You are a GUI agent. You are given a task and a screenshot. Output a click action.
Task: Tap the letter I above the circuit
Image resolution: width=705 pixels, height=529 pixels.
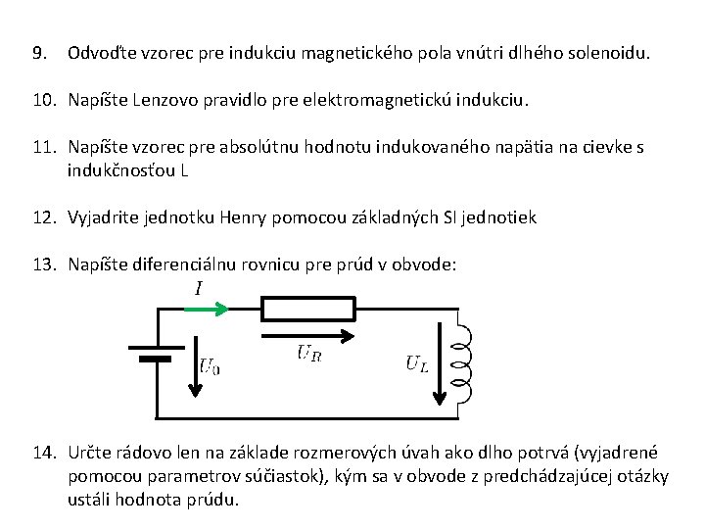coord(199,288)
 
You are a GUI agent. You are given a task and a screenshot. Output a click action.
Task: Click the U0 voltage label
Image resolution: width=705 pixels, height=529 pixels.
coord(210,366)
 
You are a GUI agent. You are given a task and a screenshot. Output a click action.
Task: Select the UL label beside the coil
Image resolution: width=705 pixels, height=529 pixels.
coord(417,363)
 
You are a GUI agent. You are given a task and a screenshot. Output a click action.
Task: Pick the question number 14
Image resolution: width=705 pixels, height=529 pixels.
coord(43,453)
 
